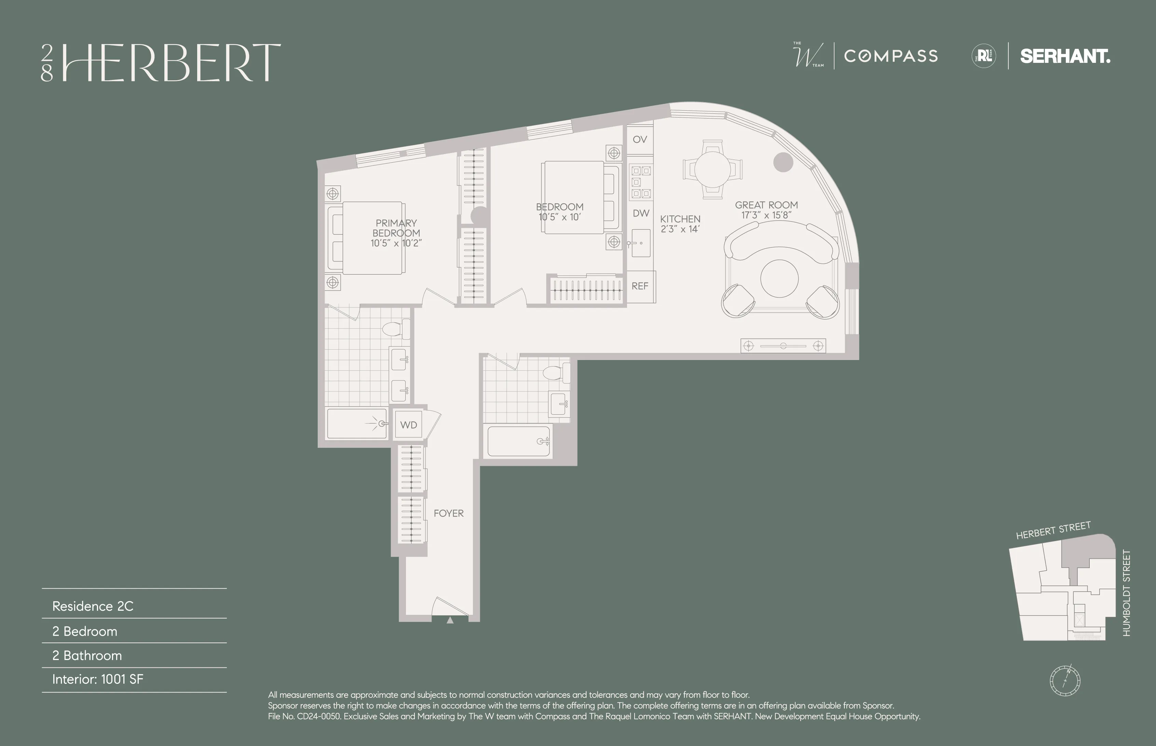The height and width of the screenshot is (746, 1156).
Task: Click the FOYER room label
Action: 448,513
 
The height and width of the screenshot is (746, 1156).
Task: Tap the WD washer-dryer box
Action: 408,425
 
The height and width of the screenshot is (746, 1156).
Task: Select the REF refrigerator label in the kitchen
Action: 640,286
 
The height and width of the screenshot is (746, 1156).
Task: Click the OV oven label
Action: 640,139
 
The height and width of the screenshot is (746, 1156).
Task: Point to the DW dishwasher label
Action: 640,213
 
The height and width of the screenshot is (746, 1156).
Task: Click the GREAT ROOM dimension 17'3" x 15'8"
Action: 766,215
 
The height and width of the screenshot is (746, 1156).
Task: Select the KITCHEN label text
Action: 680,219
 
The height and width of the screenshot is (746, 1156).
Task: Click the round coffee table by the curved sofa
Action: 779,278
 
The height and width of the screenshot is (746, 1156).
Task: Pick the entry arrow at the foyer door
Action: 450,620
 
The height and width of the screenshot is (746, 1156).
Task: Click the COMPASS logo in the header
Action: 890,56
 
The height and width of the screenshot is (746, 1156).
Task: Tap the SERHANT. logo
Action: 1065,56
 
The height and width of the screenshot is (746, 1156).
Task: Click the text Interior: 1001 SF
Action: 98,679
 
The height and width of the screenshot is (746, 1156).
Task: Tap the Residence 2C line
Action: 93,606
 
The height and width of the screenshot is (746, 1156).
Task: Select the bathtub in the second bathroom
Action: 518,441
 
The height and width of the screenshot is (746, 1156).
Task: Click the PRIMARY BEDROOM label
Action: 396,228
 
